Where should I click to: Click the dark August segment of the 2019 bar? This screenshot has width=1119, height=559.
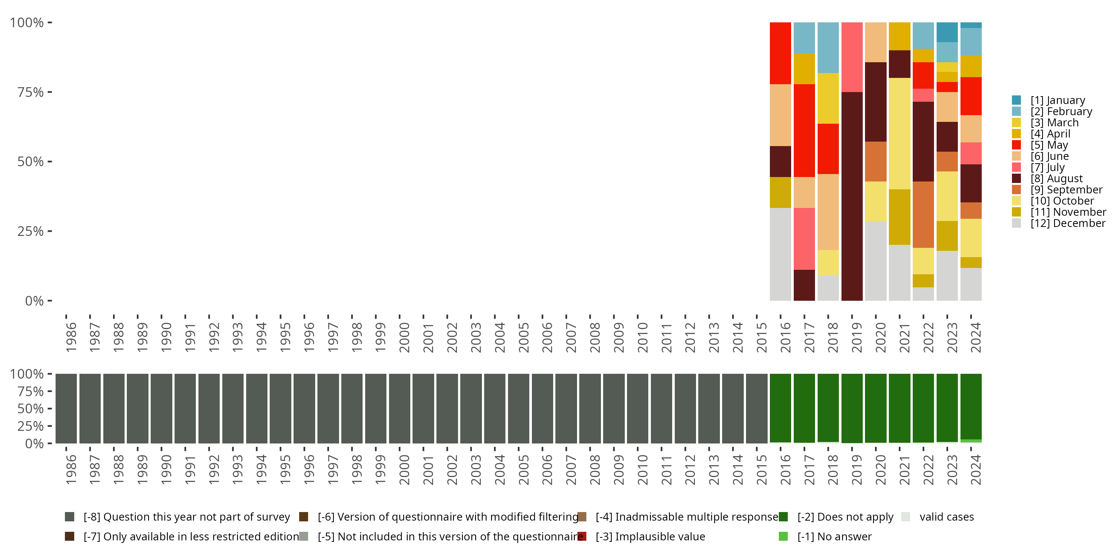[x=852, y=196]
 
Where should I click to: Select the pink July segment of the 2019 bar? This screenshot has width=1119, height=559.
[x=852, y=57]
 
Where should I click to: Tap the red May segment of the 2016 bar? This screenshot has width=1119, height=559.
[x=780, y=53]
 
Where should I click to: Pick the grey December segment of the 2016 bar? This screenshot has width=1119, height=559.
[x=780, y=254]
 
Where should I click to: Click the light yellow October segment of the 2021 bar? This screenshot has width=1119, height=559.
[x=899, y=133]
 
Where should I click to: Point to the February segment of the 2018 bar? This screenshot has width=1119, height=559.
[x=828, y=47]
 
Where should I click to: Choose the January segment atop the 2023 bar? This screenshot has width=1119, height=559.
[x=947, y=32]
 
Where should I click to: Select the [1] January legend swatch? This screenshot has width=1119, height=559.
[x=1016, y=100]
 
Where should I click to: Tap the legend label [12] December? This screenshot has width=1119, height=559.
[x=1068, y=223]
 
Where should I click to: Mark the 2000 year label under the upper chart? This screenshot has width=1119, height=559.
[x=404, y=337]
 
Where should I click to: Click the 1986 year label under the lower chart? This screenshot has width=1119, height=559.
[x=71, y=470]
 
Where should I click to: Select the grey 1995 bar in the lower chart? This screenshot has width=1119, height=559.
[x=280, y=408]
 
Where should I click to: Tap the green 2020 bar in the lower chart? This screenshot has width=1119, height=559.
[x=875, y=408]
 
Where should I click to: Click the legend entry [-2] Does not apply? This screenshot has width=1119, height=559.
[x=845, y=517]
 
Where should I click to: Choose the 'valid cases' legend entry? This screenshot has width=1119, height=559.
[x=946, y=517]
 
